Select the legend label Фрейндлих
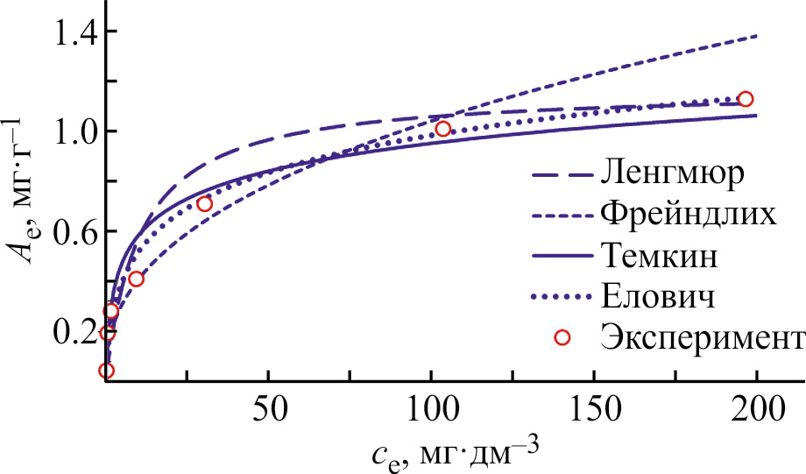(688, 215)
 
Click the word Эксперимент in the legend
(702, 338)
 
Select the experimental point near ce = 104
(442, 129)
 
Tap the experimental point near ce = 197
(746, 99)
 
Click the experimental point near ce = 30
(205, 204)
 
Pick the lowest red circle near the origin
(107, 371)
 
